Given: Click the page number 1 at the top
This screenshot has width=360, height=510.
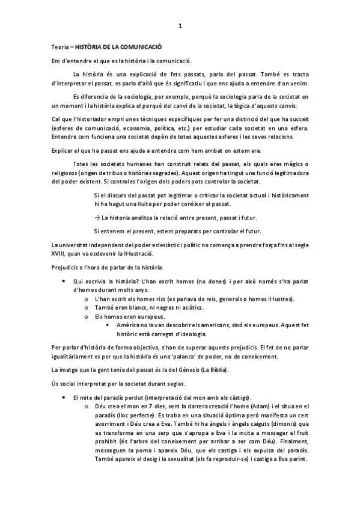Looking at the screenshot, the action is (180, 26).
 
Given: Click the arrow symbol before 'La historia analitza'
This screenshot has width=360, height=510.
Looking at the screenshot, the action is (97, 217).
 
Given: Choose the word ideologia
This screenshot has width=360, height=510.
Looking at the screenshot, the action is (191, 334).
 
